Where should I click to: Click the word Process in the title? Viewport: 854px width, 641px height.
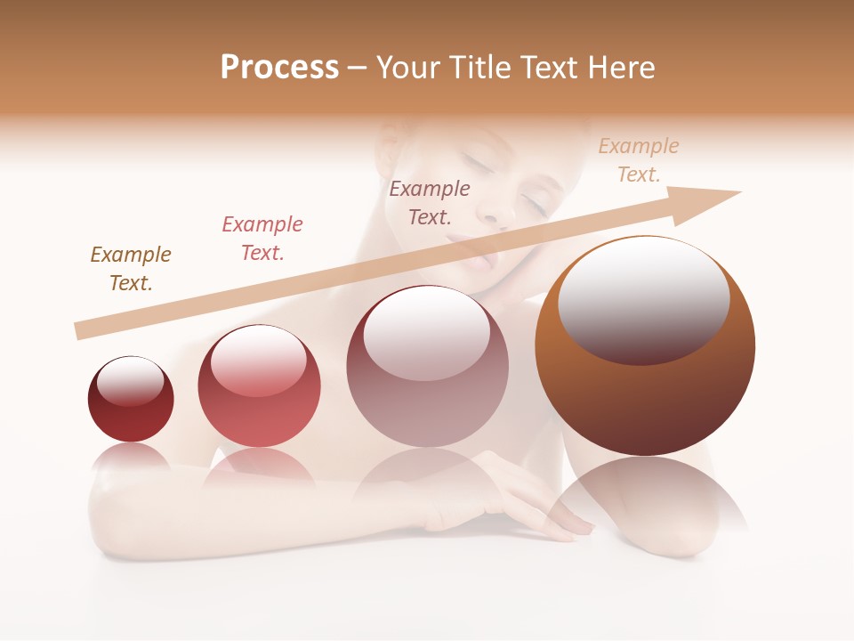tap(279, 67)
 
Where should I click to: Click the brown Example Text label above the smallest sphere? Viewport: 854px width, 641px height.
tap(131, 268)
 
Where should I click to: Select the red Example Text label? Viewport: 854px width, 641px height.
tap(262, 238)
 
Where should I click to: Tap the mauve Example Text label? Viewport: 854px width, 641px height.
tap(430, 202)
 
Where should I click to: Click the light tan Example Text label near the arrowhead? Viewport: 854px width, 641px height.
tap(639, 160)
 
